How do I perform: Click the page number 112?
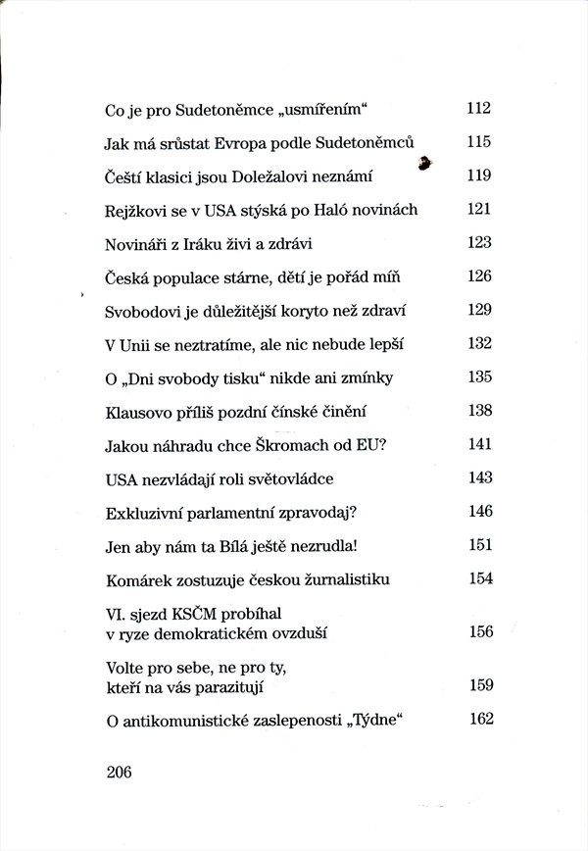[478, 108]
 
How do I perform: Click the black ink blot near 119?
[424, 164]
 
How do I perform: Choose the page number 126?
[478, 276]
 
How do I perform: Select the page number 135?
[478, 377]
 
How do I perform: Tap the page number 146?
[478, 511]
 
